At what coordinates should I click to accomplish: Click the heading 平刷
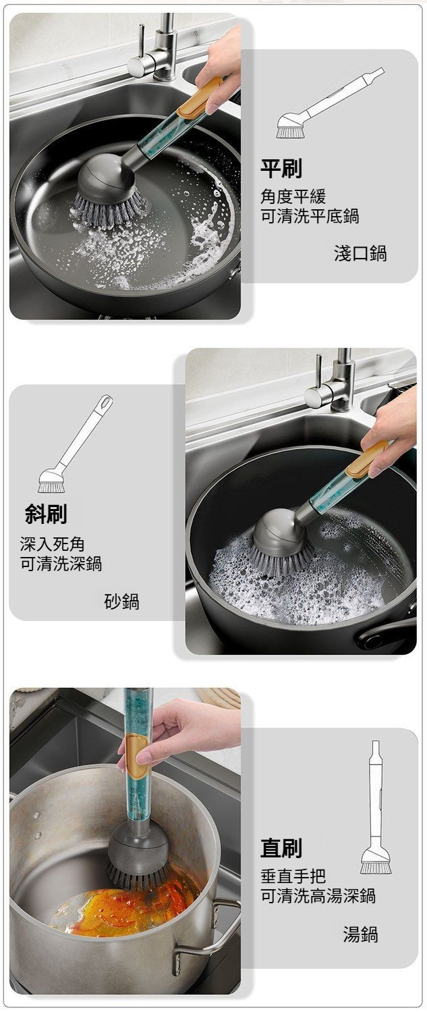click(x=281, y=169)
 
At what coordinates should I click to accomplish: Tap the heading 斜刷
click(x=46, y=514)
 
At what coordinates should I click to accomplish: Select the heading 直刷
click(x=281, y=847)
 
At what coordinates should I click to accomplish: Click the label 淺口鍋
click(x=360, y=253)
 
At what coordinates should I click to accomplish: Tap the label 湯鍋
click(x=360, y=934)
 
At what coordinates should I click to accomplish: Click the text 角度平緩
click(x=293, y=196)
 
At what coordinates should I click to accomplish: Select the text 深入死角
click(x=53, y=544)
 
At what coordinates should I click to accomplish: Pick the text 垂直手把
click(x=293, y=876)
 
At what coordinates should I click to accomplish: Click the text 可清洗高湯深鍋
click(x=318, y=895)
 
